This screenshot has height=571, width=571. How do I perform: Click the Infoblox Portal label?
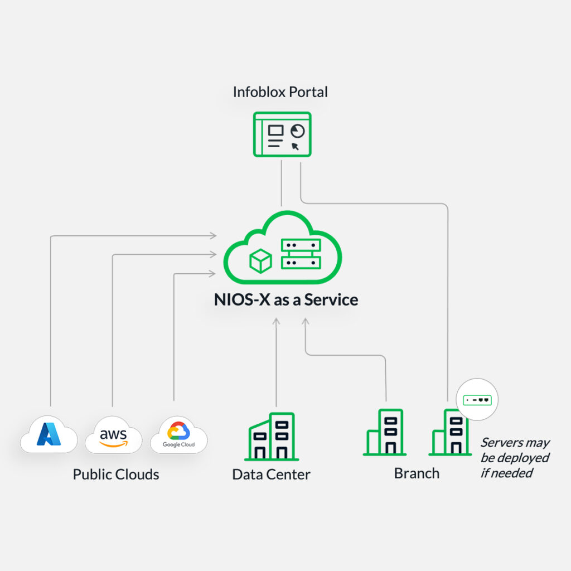[280, 91]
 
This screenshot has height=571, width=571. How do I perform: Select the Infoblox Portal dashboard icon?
[282, 134]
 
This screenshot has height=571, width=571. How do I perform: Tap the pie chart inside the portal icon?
[298, 130]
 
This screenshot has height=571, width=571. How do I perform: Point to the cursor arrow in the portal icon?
[295, 147]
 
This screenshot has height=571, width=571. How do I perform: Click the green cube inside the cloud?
[260, 260]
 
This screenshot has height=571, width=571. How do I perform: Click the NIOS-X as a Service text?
[285, 299]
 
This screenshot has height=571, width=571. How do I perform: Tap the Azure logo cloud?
[49, 434]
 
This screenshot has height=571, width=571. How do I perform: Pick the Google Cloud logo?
[178, 434]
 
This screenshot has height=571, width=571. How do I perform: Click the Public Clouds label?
[116, 475]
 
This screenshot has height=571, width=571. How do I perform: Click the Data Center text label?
[271, 475]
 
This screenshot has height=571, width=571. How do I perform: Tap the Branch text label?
[417, 473]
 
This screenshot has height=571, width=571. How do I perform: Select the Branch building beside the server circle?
[449, 433]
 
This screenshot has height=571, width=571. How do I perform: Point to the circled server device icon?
[477, 400]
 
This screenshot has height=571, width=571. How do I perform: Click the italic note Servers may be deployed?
[515, 458]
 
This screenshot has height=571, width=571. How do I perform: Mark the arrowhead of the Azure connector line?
[213, 236]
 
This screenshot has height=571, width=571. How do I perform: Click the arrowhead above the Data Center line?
[276, 321]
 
